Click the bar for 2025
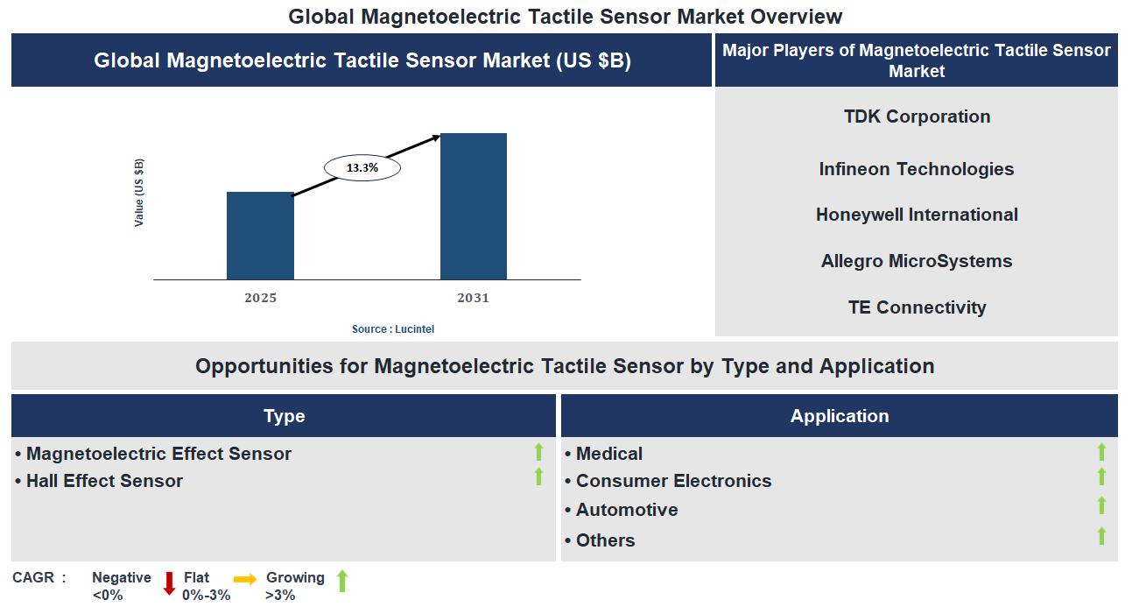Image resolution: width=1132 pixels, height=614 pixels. pyautogui.click(x=260, y=236)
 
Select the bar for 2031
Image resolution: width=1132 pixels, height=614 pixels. pyautogui.click(x=473, y=207)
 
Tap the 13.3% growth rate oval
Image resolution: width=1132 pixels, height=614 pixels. pyautogui.click(x=362, y=167)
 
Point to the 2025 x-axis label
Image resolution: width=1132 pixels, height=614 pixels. pyautogui.click(x=260, y=298)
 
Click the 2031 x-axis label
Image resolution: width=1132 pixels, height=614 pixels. pyautogui.click(x=473, y=298)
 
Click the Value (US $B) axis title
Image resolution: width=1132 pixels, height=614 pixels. pyautogui.click(x=139, y=193)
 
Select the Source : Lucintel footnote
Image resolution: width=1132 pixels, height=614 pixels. pyautogui.click(x=393, y=329)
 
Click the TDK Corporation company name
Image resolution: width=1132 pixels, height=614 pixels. pyautogui.click(x=917, y=116)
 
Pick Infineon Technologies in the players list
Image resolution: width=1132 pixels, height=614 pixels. pyautogui.click(x=917, y=169)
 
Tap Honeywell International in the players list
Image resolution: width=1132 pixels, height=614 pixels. pyautogui.click(x=917, y=215)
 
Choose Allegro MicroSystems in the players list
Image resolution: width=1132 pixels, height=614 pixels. pyautogui.click(x=917, y=261)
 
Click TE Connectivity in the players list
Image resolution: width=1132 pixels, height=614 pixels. pyautogui.click(x=917, y=307)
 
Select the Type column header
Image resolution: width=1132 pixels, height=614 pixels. pyautogui.click(x=284, y=416)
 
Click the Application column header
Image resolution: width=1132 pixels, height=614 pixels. pyautogui.click(x=839, y=416)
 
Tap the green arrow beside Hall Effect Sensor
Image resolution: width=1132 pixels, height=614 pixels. pyautogui.click(x=538, y=476)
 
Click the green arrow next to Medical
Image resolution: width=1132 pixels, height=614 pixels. pyautogui.click(x=1101, y=452)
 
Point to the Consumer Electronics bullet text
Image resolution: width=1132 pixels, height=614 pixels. pyautogui.click(x=673, y=481)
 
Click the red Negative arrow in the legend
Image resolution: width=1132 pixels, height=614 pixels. pyautogui.click(x=170, y=583)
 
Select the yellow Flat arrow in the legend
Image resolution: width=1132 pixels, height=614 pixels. pyautogui.click(x=245, y=579)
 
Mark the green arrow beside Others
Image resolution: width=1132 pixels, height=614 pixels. pyautogui.click(x=1101, y=536)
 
